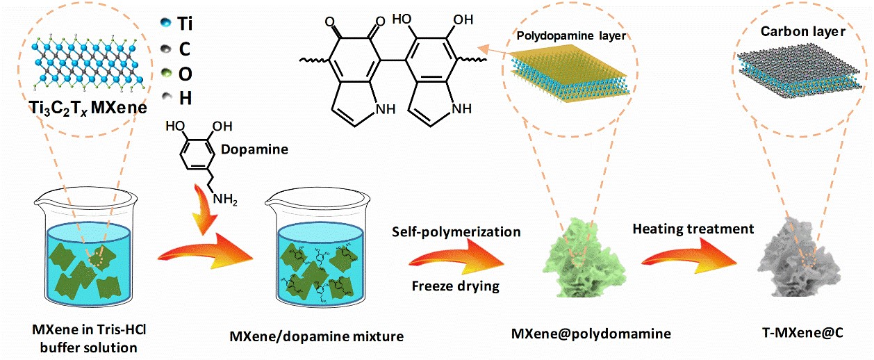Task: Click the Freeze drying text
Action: (455, 285)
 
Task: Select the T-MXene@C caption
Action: (805, 333)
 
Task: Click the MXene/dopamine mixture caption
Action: (316, 336)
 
